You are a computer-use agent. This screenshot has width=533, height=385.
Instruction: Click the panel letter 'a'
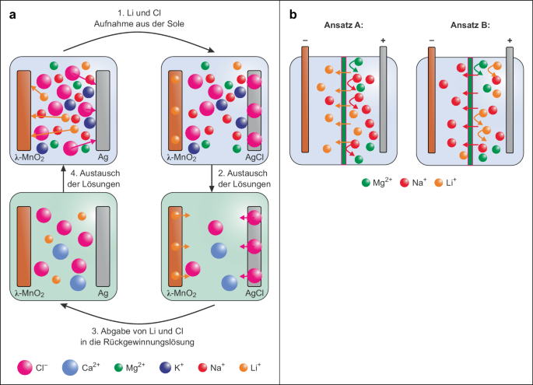click(12, 13)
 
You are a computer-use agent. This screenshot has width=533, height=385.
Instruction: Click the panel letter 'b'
click(293, 13)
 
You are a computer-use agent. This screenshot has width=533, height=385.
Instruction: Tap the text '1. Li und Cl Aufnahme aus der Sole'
click(138, 22)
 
